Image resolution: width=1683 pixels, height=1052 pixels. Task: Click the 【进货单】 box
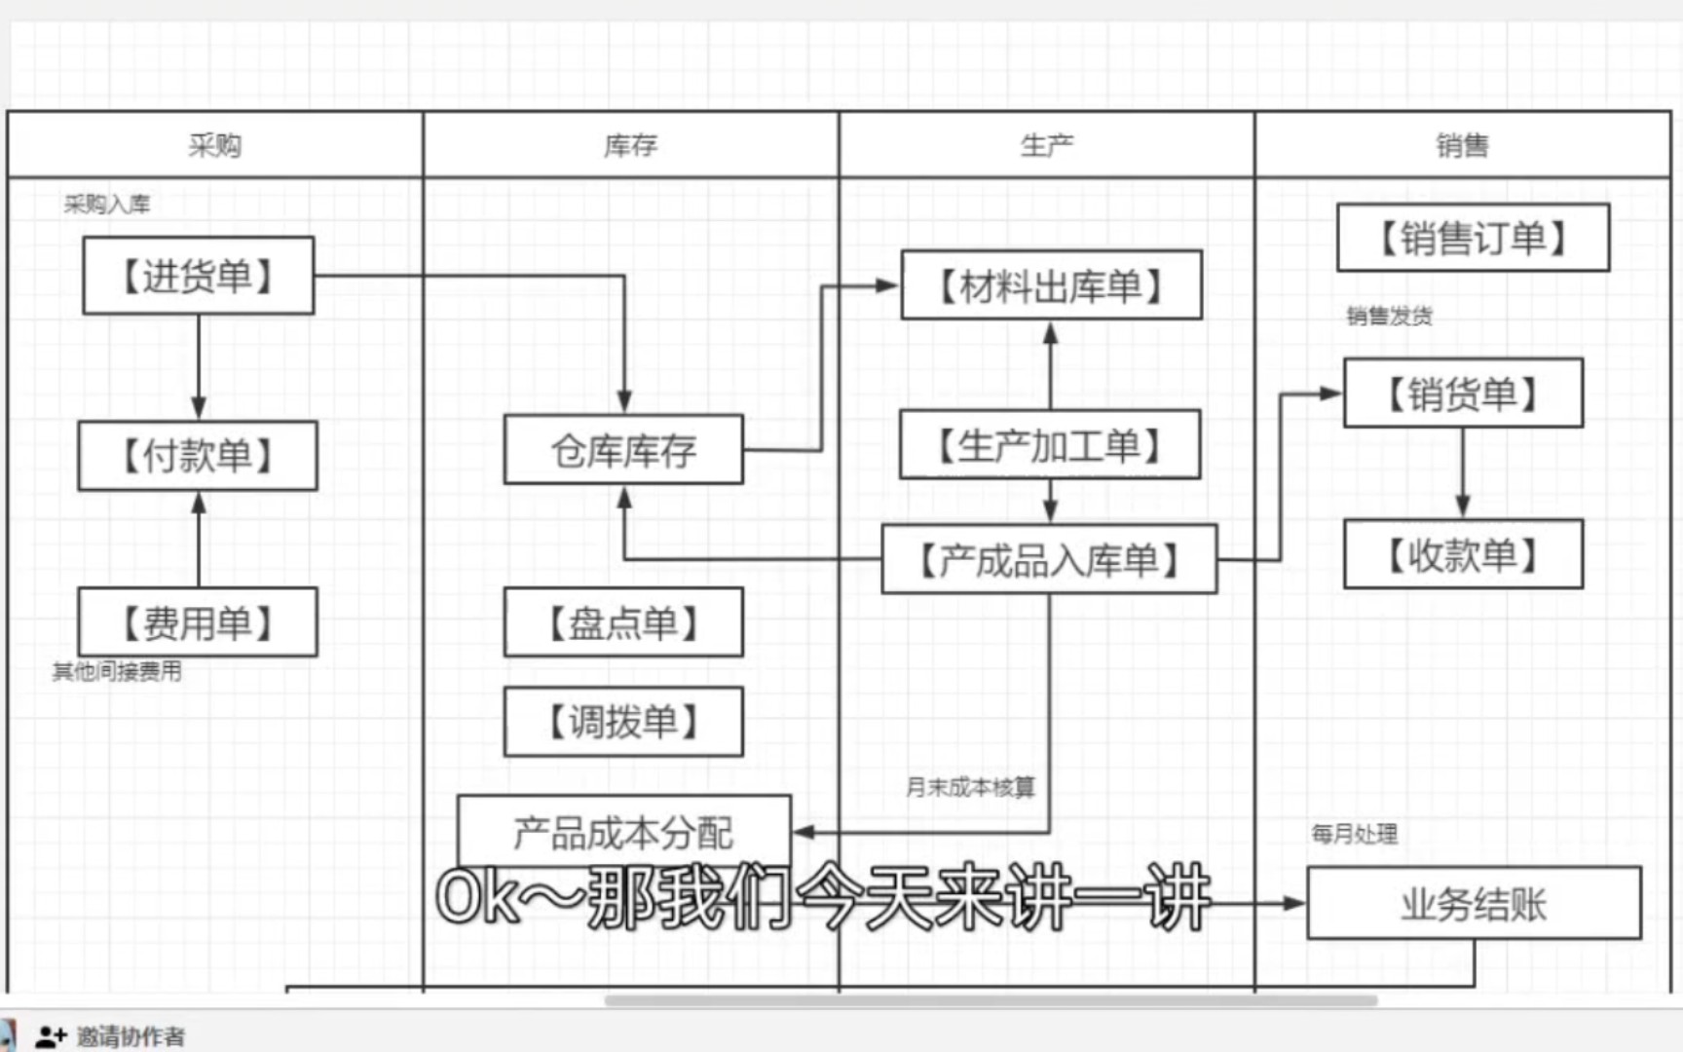point(199,276)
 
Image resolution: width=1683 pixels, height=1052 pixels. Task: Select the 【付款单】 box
point(198,455)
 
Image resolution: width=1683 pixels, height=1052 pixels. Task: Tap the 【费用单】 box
point(198,621)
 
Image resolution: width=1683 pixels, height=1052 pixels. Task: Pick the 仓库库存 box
point(623,449)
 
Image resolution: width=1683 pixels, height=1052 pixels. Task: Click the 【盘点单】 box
point(623,621)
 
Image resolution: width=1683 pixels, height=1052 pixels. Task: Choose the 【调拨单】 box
point(623,722)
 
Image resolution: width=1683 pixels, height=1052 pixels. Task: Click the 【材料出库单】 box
point(1051,285)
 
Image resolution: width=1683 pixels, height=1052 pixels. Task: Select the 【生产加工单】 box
point(1050,444)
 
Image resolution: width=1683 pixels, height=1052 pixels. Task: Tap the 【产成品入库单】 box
point(1049,559)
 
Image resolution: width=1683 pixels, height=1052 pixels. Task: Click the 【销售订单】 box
point(1473,238)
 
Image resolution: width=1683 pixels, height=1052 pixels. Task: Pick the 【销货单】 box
point(1463,394)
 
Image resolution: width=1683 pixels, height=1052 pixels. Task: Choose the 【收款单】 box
point(1463,554)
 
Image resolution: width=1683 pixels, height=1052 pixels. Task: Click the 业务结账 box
point(1474,903)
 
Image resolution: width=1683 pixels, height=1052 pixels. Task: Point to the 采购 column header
point(215,145)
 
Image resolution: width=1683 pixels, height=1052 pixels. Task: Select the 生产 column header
point(1047,145)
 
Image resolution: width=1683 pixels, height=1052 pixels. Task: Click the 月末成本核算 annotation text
point(970,786)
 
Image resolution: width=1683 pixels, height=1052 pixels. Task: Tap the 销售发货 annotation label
point(1389,316)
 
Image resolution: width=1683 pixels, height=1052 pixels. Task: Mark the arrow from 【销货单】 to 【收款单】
point(1463,473)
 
